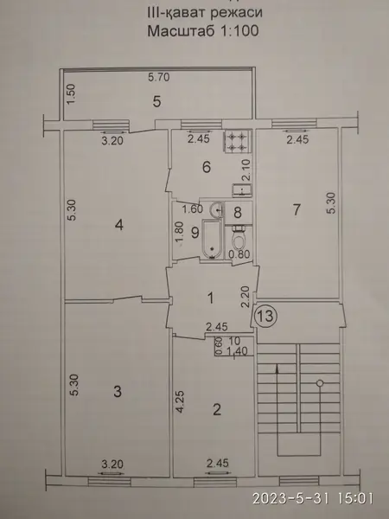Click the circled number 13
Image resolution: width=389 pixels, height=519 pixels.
pyautogui.click(x=266, y=316)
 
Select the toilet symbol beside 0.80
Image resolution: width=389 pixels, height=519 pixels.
pyautogui.click(x=238, y=239)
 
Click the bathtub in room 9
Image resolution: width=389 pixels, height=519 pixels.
pyautogui.click(x=212, y=239)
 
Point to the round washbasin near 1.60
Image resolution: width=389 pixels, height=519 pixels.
pyautogui.click(x=217, y=209)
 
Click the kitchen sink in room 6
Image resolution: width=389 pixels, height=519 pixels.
pyautogui.click(x=242, y=190)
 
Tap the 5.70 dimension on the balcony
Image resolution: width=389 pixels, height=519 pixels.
pyautogui.click(x=159, y=77)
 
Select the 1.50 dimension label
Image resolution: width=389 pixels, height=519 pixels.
pyautogui.click(x=73, y=94)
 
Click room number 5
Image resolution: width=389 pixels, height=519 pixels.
pyautogui.click(x=156, y=101)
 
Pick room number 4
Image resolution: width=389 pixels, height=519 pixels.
pyautogui.click(x=119, y=225)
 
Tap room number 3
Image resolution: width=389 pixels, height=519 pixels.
pyautogui.click(x=118, y=392)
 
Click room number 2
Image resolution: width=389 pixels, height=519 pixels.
pyautogui.click(x=217, y=410)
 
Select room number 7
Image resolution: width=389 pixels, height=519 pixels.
pyautogui.click(x=297, y=209)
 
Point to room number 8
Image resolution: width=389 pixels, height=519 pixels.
pyautogui.click(x=238, y=213)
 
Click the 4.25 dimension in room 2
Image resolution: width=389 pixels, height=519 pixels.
pyautogui.click(x=179, y=402)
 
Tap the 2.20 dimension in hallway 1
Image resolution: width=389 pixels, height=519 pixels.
pyautogui.click(x=246, y=298)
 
